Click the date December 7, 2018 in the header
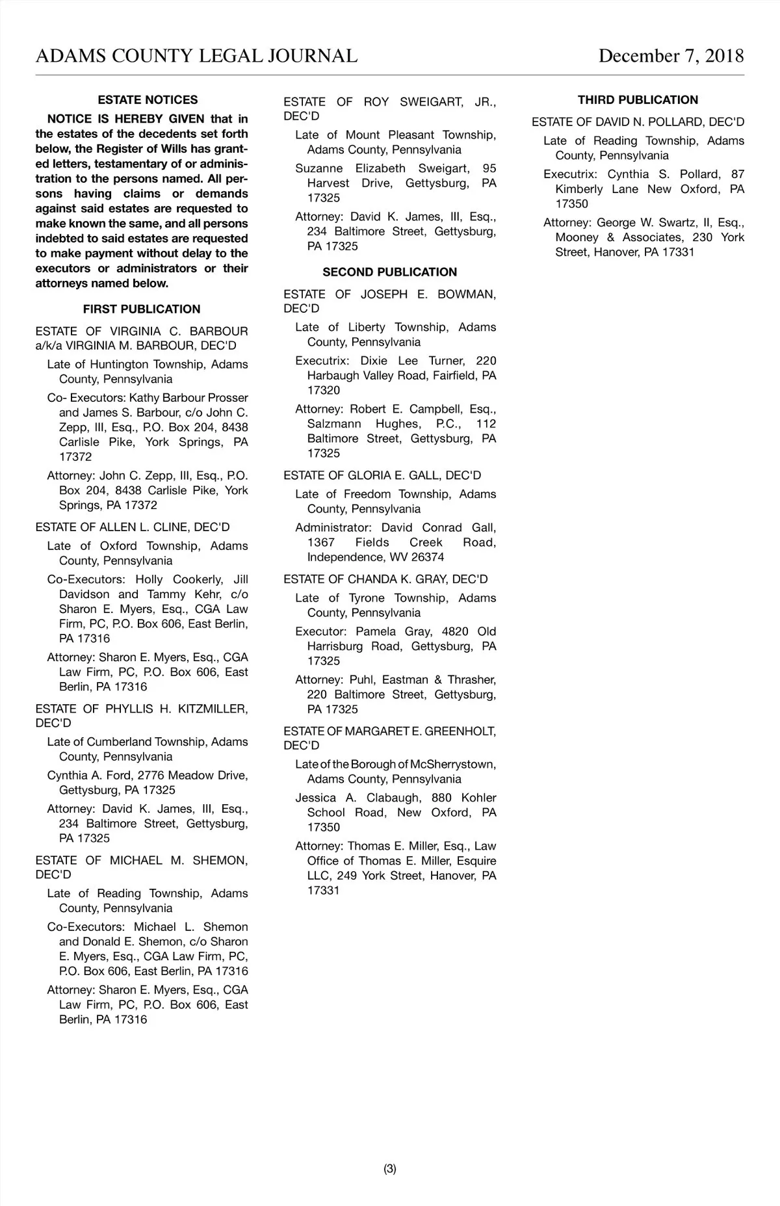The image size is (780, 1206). pyautogui.click(x=671, y=56)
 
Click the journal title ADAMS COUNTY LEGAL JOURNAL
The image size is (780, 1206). pyautogui.click(x=196, y=56)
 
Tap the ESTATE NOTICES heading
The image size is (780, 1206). pyautogui.click(x=148, y=100)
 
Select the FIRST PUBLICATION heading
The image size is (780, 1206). pyautogui.click(x=142, y=309)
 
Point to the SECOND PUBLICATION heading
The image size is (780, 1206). pyautogui.click(x=389, y=272)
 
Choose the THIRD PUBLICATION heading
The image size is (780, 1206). pyautogui.click(x=638, y=100)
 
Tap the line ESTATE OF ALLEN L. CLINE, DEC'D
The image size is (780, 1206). pyautogui.click(x=133, y=527)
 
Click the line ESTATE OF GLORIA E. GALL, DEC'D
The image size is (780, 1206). pyautogui.click(x=382, y=476)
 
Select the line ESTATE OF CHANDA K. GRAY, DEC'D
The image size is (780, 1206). pyautogui.click(x=385, y=579)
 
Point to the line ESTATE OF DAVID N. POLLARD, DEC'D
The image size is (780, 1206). pyautogui.click(x=638, y=122)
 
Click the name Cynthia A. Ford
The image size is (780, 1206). pyautogui.click(x=90, y=776)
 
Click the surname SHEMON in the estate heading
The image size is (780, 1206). pyautogui.click(x=220, y=861)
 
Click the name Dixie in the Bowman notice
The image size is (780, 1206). pyautogui.click(x=374, y=361)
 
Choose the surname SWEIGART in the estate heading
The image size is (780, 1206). pyautogui.click(x=434, y=102)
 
